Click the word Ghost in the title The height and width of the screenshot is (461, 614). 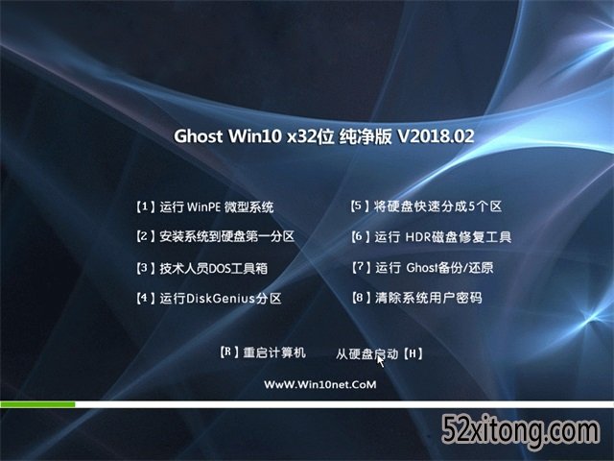tap(199, 136)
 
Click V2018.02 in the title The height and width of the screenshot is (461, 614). tap(436, 136)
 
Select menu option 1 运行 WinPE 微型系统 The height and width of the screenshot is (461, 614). tap(204, 207)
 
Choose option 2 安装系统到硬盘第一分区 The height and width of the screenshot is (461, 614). tap(215, 237)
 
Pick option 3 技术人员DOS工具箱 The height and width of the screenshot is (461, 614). tap(202, 269)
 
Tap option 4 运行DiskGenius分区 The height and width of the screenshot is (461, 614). tap(209, 299)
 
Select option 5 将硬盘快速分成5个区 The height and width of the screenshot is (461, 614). tap(426, 206)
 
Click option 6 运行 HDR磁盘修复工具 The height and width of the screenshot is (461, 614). tap(431, 237)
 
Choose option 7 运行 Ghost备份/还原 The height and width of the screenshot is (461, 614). tap(422, 268)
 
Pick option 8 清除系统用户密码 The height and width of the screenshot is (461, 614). tap(416, 298)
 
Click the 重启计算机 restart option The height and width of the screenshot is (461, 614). tap(274, 352)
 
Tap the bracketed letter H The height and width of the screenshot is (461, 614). tap(413, 354)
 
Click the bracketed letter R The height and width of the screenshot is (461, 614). tap(229, 352)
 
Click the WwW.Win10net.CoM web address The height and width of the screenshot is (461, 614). tap(319, 384)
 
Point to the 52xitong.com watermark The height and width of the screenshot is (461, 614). tap(521, 431)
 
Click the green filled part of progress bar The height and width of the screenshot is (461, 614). tap(37, 404)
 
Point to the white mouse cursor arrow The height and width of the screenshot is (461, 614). tap(380, 361)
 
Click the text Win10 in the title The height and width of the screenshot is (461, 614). tap(255, 136)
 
